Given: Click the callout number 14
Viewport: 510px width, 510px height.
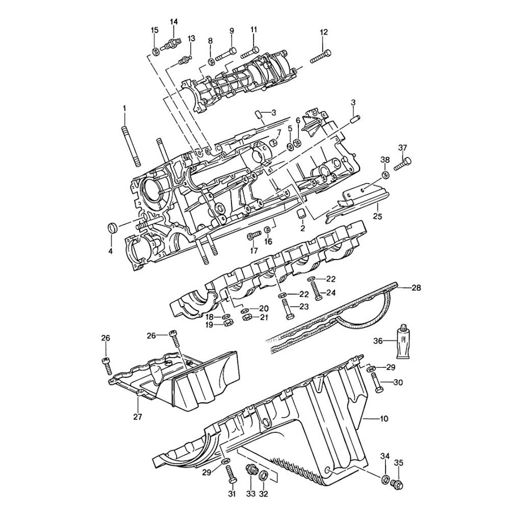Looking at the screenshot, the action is pos(174,21).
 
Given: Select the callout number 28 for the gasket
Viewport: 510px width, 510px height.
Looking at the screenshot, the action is pos(416,288).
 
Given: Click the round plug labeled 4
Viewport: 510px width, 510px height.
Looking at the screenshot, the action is pos(112,227).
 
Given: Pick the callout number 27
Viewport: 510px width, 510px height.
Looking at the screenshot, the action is pos(138,416).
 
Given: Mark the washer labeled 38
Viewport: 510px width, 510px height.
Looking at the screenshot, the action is pos(385,175).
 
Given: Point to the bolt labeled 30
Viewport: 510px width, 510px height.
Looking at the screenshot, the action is pos(376,383).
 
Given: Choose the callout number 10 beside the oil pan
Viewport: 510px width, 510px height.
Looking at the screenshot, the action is pos(384,419).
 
